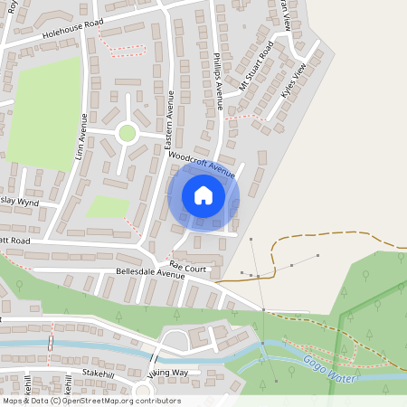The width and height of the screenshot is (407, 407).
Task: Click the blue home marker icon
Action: tap(203, 195)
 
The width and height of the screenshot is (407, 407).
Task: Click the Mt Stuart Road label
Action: tap(257, 66)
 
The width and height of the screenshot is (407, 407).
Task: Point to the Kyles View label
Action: tap(301, 80)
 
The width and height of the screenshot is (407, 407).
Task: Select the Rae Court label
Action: tap(188, 269)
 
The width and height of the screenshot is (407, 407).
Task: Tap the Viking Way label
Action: tap(167, 373)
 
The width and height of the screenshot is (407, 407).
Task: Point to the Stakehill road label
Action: tap(99, 372)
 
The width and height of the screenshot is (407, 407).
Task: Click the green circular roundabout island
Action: tap(127, 134)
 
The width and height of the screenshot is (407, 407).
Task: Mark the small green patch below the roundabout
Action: tap(108, 206)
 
